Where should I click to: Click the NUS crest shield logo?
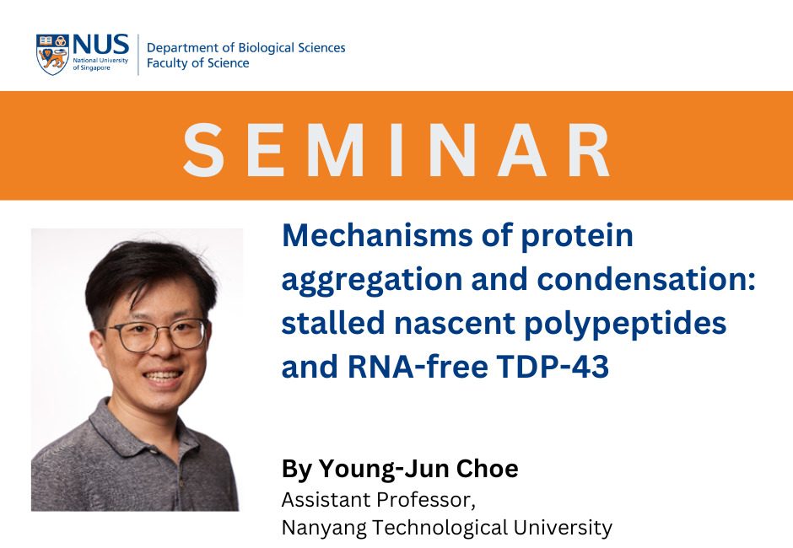(52, 55)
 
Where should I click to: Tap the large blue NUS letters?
(101, 45)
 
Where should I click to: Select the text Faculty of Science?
(197, 63)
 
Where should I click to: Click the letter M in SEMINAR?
(335, 150)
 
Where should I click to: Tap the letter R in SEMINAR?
(589, 150)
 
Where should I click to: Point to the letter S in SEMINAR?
(203, 150)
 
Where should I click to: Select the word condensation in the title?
(641, 279)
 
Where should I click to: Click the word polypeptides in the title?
(625, 324)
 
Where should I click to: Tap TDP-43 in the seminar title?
(553, 367)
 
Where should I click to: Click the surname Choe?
(487, 469)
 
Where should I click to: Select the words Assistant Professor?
(378, 500)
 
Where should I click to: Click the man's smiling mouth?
(163, 377)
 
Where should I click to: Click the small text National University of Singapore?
(100, 64)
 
